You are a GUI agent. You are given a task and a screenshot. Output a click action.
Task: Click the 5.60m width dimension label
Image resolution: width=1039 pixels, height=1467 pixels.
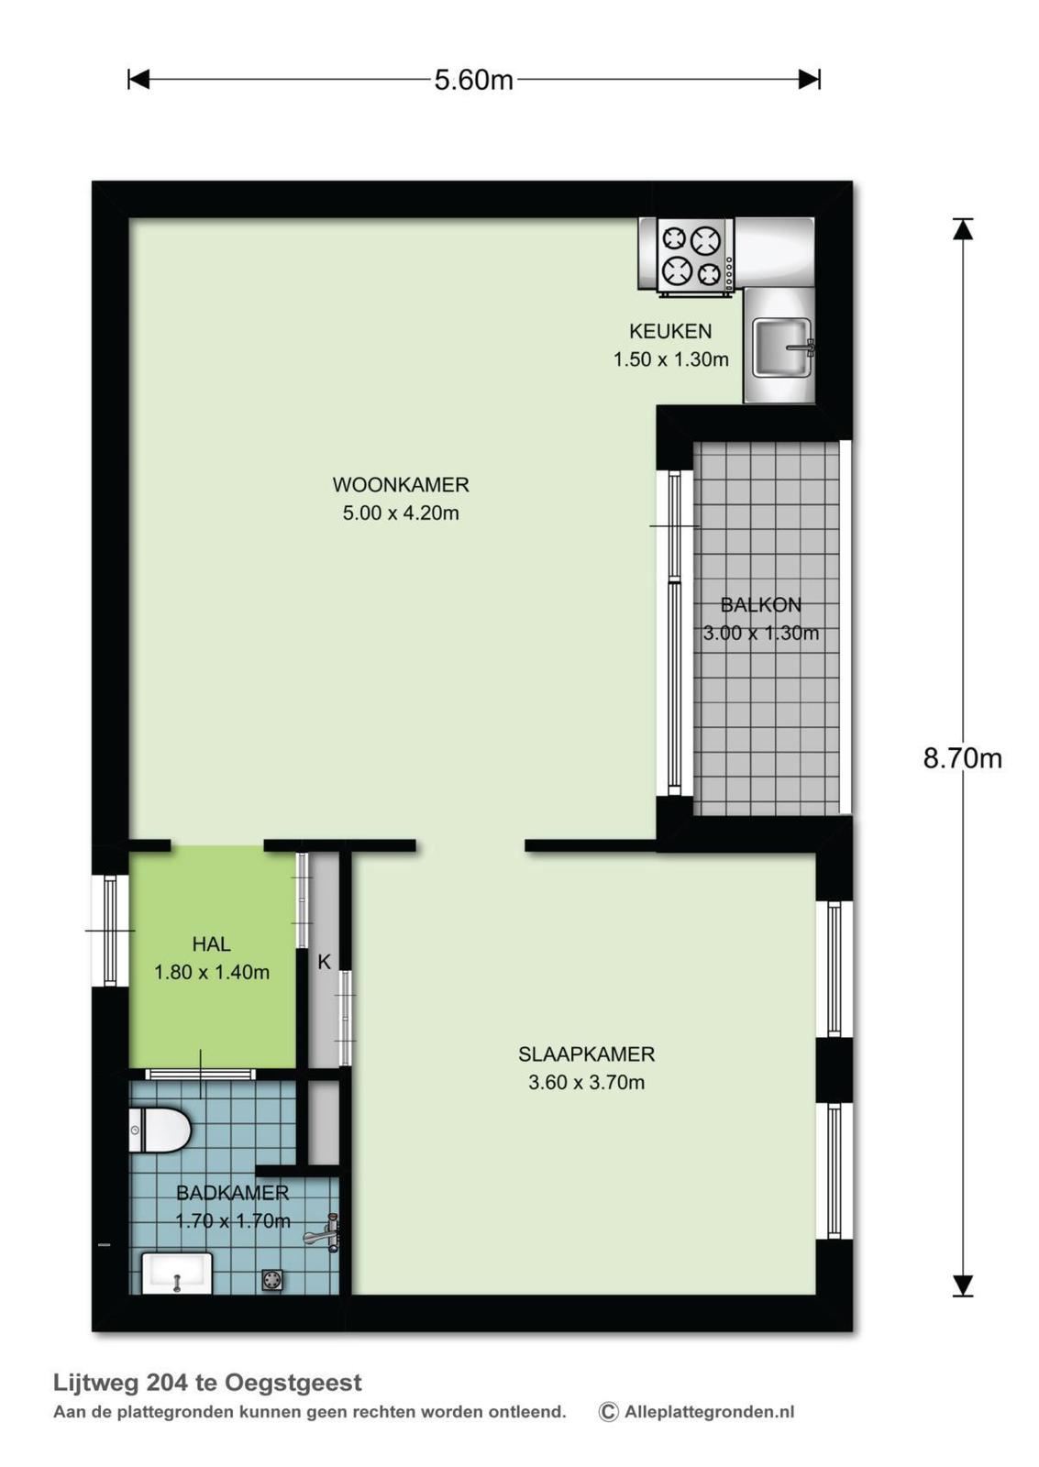[473, 80]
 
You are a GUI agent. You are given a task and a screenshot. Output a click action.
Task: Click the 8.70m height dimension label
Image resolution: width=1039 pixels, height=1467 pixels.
[962, 758]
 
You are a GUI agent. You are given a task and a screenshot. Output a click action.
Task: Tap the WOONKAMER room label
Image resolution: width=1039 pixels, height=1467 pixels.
[401, 485]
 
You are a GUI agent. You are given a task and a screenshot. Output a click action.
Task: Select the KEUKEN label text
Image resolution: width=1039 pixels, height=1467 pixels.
[670, 331]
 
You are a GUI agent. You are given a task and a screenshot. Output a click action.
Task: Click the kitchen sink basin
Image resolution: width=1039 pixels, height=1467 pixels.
[781, 347]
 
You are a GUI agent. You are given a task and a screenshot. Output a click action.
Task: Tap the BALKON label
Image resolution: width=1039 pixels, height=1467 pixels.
[760, 604]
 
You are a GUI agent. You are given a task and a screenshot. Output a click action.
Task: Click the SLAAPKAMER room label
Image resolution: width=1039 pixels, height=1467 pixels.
[586, 1054]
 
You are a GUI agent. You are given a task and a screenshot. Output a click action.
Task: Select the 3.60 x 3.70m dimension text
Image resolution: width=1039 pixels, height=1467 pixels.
[586, 1083]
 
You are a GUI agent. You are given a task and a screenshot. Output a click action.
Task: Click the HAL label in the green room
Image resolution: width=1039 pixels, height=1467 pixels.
[212, 943]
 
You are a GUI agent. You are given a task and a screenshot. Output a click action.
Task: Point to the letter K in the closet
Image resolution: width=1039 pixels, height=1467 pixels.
[325, 962]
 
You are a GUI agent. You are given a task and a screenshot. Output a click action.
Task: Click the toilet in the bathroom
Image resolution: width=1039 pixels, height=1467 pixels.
[160, 1130]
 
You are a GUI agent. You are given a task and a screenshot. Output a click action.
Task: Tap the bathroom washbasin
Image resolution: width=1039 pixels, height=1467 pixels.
[178, 1273]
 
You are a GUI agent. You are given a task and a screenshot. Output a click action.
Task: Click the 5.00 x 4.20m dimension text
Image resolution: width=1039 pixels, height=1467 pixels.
[401, 513]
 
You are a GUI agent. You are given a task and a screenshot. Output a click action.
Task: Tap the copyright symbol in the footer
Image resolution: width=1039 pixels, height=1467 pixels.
[608, 1412]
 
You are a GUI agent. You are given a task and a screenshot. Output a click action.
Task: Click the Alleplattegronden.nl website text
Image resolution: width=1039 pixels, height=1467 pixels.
[710, 1412]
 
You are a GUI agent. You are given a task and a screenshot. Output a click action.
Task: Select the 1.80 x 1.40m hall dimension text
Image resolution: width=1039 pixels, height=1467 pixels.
[212, 972]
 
